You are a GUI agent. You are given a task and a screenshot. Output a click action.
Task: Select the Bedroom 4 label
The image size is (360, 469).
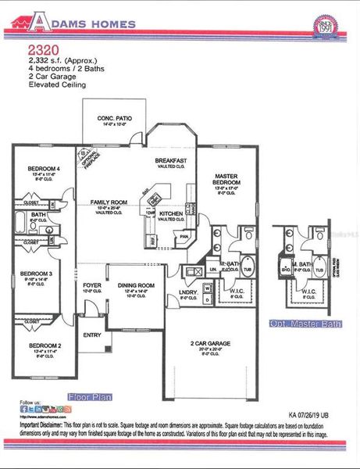(x=44, y=169)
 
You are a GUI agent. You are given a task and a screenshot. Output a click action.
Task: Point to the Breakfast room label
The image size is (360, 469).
(x=169, y=160)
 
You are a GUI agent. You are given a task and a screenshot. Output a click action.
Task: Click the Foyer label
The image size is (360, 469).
(x=92, y=285)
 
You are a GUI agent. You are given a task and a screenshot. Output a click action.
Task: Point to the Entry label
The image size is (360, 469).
(x=92, y=336)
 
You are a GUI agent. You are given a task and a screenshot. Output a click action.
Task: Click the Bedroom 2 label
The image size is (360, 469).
(x=45, y=345)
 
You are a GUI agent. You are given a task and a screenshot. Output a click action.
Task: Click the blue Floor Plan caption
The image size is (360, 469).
(x=90, y=396)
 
